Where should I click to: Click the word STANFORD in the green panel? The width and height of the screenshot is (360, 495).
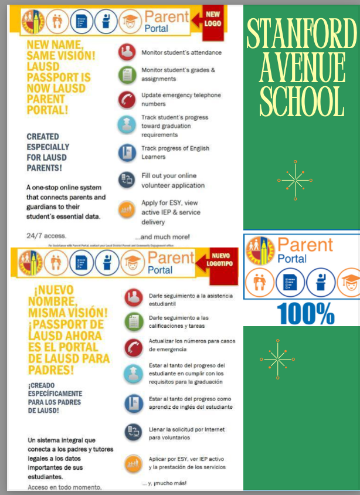point(301,34)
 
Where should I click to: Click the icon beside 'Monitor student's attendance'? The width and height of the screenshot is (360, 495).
point(125,52)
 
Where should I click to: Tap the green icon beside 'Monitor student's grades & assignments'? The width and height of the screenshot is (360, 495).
point(125,74)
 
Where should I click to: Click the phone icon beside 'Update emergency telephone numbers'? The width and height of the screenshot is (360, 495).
point(125,99)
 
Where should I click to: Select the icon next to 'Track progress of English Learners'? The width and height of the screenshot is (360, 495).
point(125,152)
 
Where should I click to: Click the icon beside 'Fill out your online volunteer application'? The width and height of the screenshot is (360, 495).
point(125,180)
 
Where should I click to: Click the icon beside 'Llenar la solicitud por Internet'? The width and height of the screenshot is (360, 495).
point(133,433)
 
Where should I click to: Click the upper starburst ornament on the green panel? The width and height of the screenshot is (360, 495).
point(294,179)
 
